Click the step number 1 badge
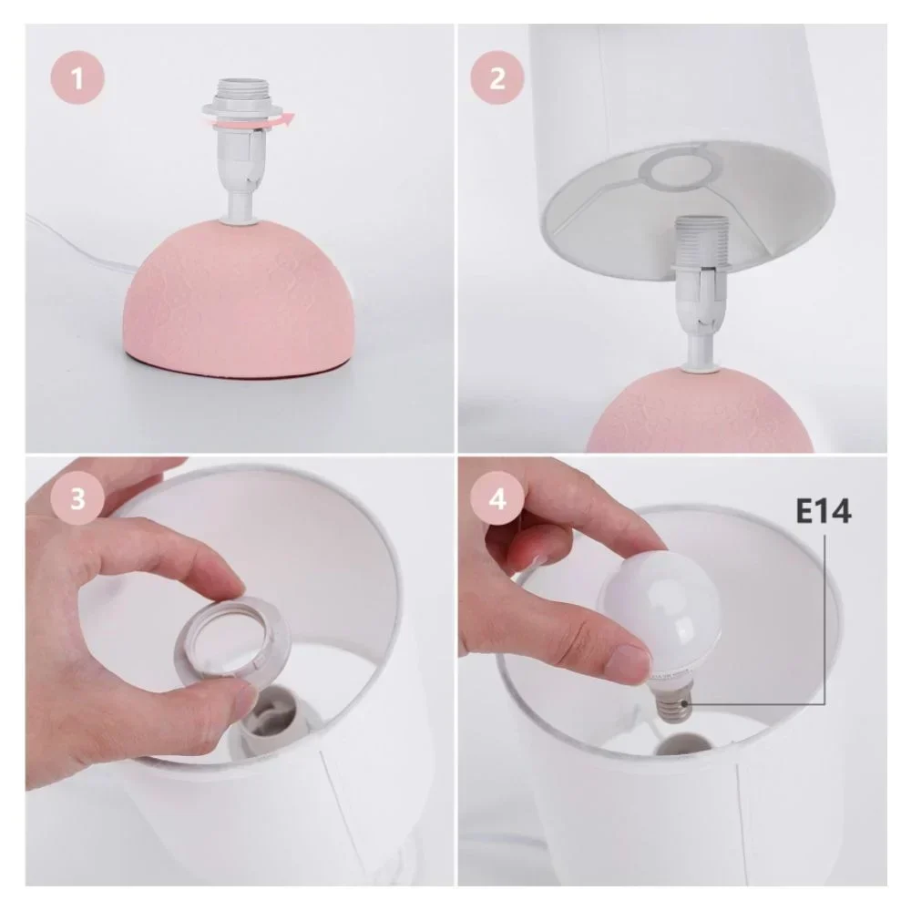pos(77,77)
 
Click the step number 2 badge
pos(497,77)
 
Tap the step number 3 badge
pos(77,498)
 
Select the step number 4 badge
pos(497,498)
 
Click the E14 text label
pos(823,511)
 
